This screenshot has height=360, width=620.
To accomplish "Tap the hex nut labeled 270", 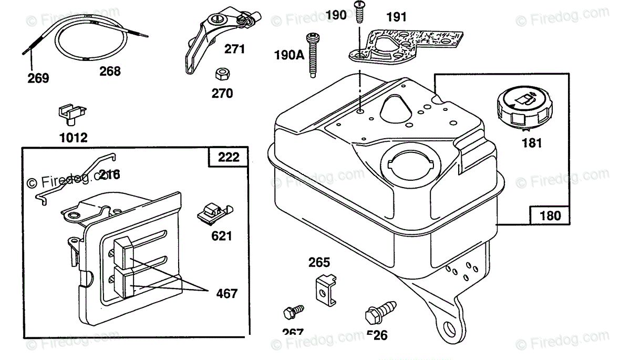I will click(x=222, y=73).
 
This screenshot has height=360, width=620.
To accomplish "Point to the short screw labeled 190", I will click(x=360, y=11).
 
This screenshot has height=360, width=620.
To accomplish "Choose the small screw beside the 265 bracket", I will click(x=293, y=312).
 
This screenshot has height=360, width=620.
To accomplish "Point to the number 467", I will click(x=226, y=293).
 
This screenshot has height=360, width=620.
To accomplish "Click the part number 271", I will click(x=234, y=49).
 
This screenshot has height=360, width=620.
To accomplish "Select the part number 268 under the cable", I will click(x=110, y=71).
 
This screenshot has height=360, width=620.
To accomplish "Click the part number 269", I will click(x=38, y=78).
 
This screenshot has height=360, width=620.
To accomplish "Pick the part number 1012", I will click(x=73, y=138).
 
